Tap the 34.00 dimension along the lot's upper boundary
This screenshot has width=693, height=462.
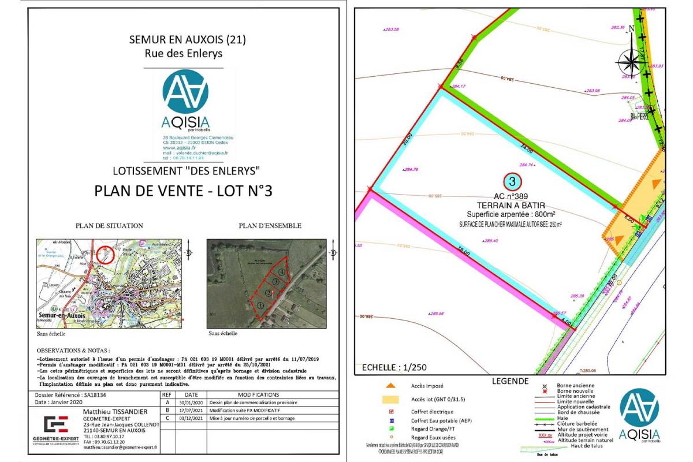[526, 149]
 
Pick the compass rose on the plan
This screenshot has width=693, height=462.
[632, 59]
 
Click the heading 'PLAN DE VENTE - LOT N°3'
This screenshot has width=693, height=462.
[183, 191]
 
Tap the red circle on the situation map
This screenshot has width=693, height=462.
[105, 255]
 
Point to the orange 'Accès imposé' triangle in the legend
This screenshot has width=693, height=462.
[390, 386]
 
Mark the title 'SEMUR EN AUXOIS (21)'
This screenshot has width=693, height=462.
[183, 40]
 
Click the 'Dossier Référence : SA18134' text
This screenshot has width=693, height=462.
[68, 395]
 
